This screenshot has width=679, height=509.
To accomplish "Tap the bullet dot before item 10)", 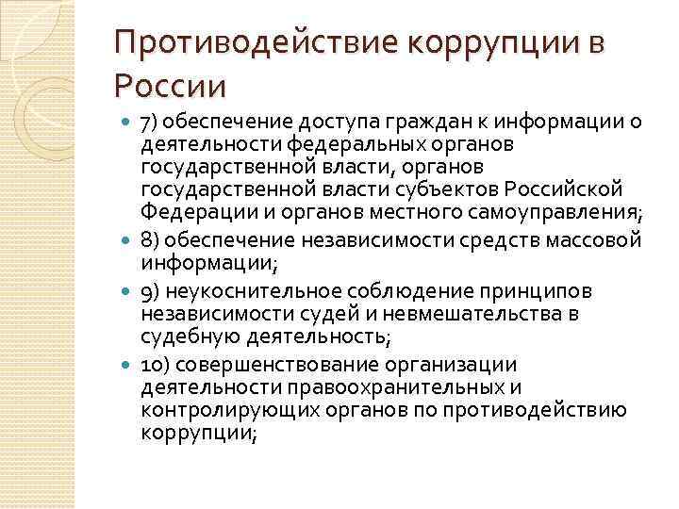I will (x=127, y=365).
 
